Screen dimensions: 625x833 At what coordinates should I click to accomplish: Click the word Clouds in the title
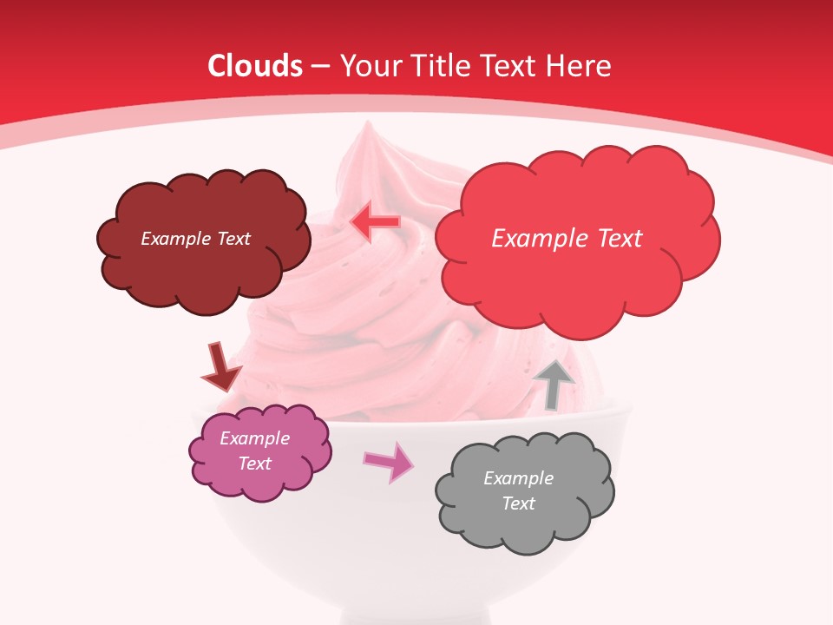coord(255,66)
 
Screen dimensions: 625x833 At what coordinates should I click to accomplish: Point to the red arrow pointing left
coord(374,221)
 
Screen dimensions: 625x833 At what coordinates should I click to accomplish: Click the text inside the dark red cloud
coord(195,239)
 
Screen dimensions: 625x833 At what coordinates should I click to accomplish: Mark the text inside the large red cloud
coord(567,239)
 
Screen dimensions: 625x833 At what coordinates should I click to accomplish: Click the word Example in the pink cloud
coord(254,438)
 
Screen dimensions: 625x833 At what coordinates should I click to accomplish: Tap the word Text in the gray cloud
coord(518,503)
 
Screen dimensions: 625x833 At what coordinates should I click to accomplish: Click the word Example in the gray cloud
coord(518,478)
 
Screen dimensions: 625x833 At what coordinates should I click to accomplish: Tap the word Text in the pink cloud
coord(254,464)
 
